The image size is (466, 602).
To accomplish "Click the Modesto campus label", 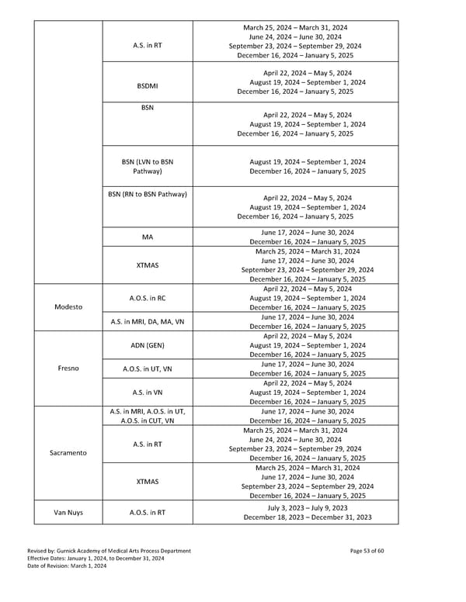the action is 68,306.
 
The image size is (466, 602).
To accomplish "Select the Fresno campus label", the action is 68,368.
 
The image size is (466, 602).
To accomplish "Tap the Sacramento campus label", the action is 68,452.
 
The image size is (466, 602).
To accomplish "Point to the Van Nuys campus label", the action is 68,512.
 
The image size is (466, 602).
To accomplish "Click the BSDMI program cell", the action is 147,85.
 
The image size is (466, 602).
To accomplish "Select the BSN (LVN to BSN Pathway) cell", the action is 147,166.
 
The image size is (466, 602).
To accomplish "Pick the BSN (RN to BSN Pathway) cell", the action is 147,194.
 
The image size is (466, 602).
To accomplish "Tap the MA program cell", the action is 147,237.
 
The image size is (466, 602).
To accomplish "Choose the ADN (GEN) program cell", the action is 147,345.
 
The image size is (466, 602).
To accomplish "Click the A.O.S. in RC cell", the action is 147,298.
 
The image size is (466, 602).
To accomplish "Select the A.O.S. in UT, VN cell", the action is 147,368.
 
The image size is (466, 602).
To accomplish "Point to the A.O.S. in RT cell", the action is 147,512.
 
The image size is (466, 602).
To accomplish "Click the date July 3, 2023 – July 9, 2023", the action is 307,507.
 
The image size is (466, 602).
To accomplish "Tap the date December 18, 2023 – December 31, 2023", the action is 307,517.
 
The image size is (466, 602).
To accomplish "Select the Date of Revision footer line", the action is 68,566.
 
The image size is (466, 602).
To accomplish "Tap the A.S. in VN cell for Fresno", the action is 147,393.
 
